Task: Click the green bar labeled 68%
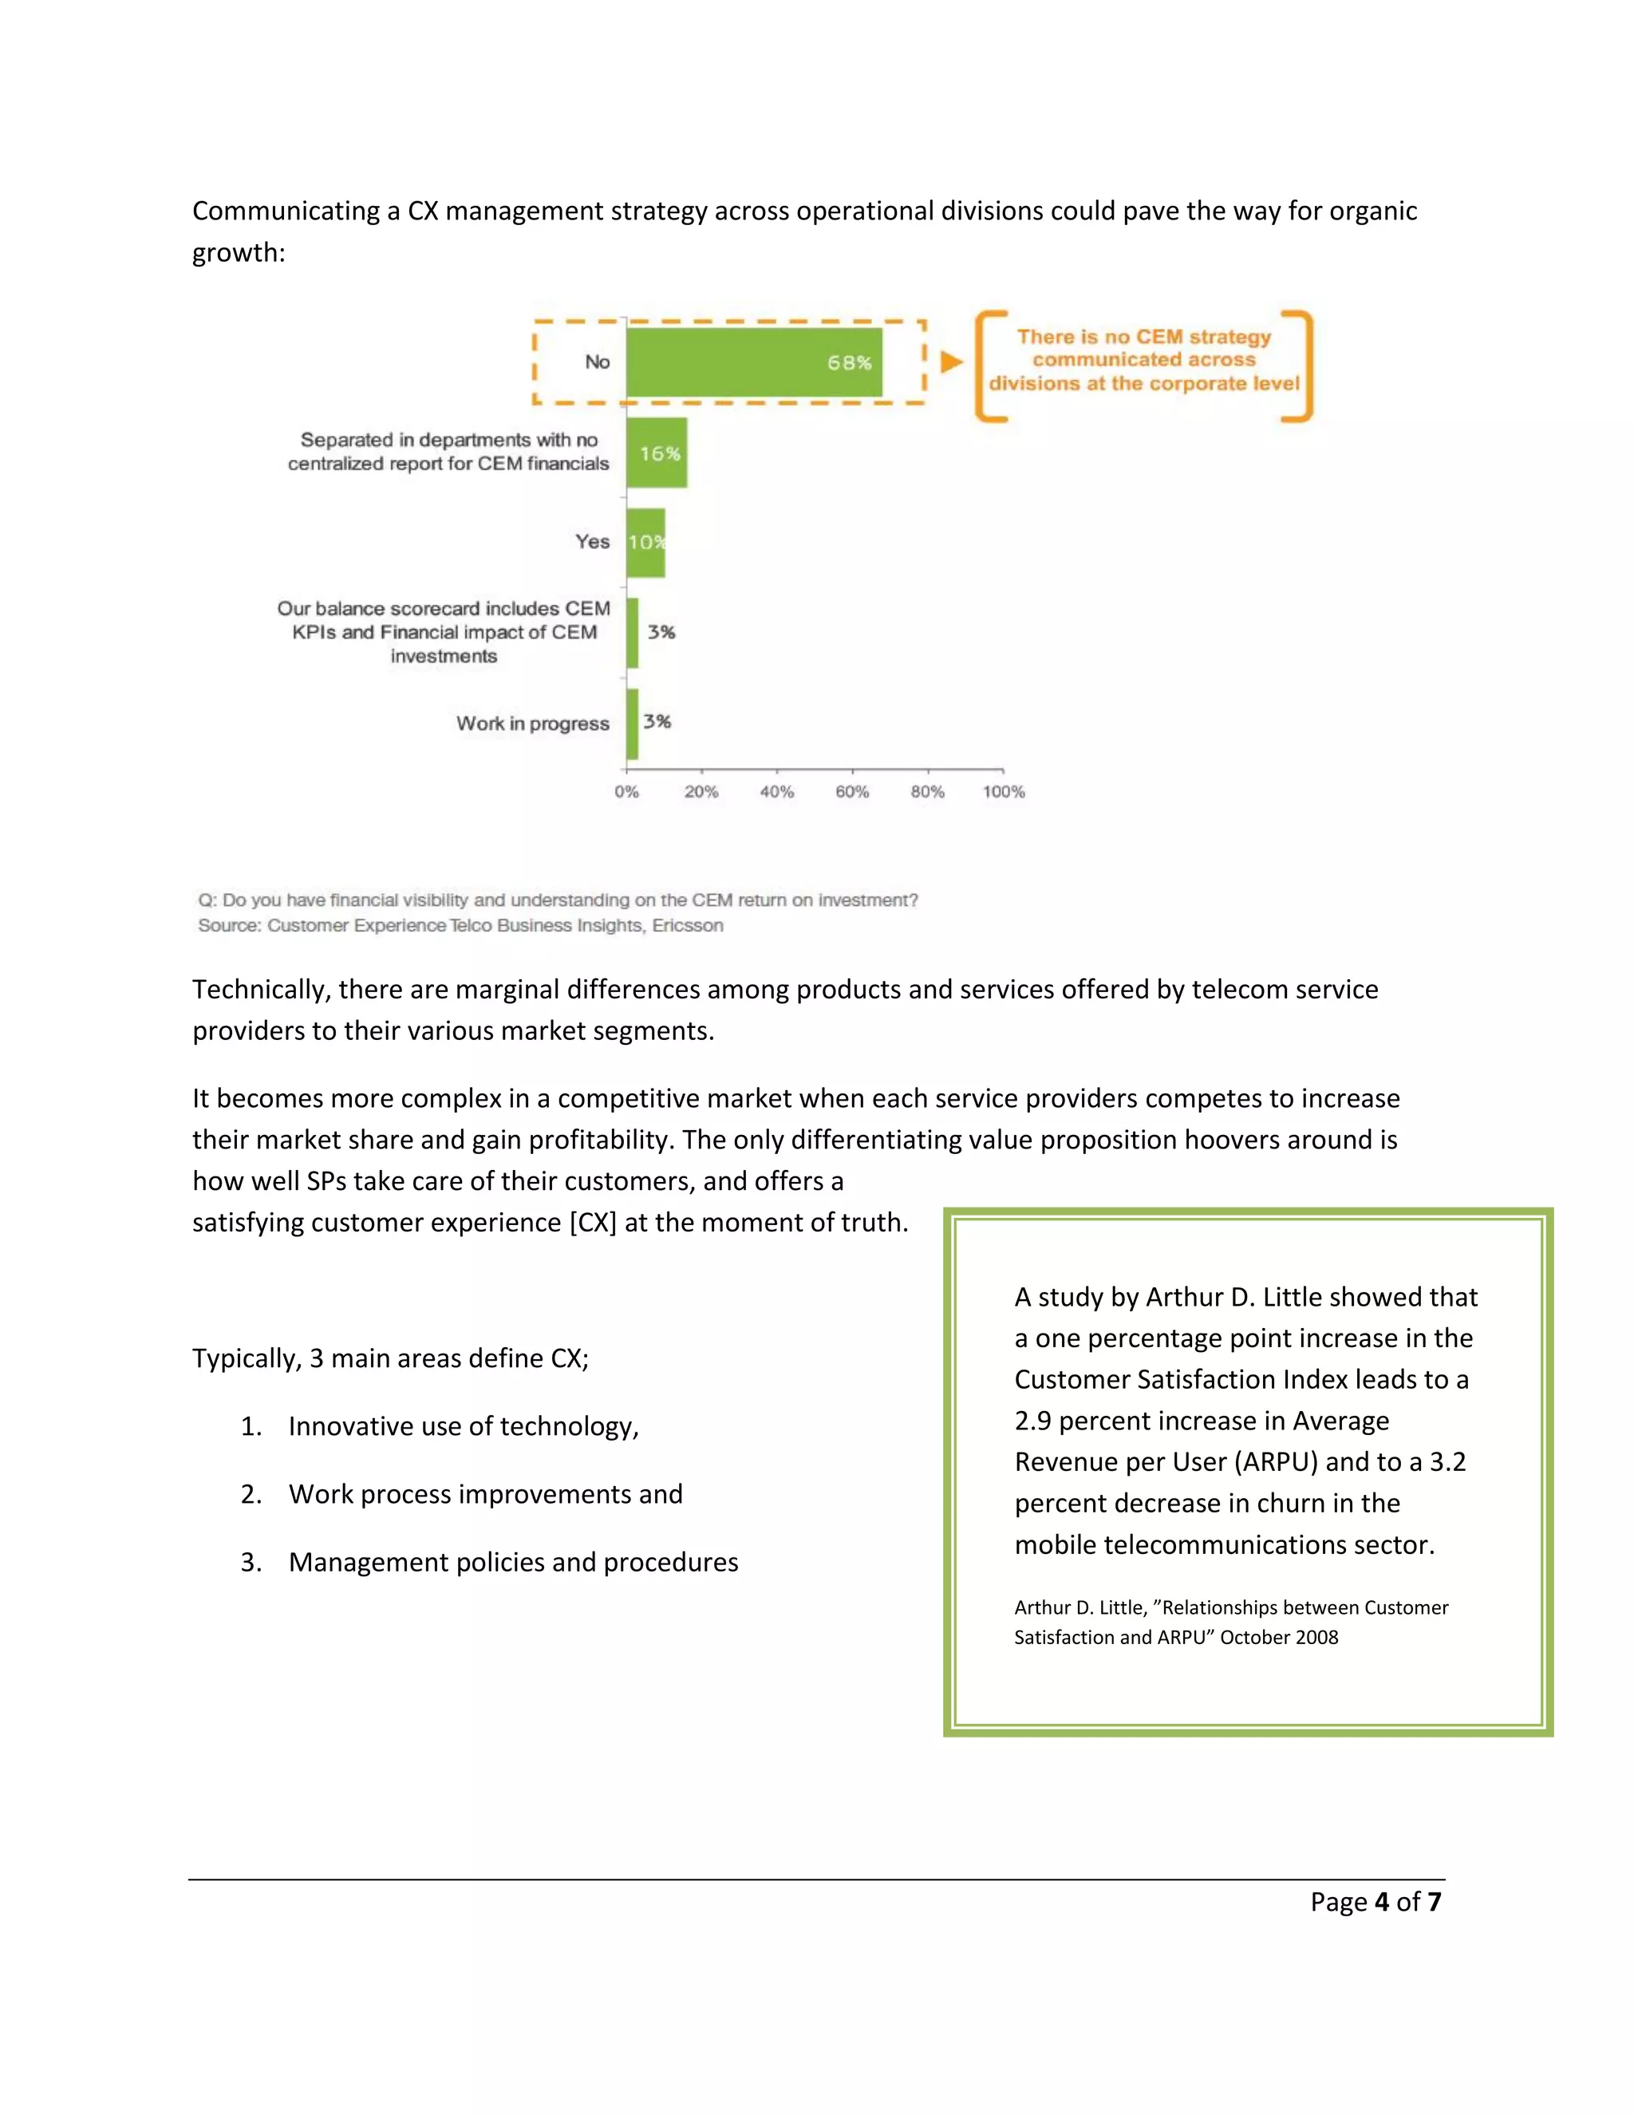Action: click(753, 362)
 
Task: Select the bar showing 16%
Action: click(657, 453)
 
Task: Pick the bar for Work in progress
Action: click(632, 723)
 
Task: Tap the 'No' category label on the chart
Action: click(596, 362)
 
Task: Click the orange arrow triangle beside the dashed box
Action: click(952, 362)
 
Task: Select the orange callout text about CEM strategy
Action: click(1143, 360)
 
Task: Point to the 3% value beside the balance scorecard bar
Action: click(661, 632)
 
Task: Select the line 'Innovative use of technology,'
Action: click(463, 1426)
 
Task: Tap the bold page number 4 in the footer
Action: click(1381, 1902)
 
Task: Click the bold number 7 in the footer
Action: click(1434, 1902)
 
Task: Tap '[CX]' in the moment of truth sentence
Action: click(593, 1222)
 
